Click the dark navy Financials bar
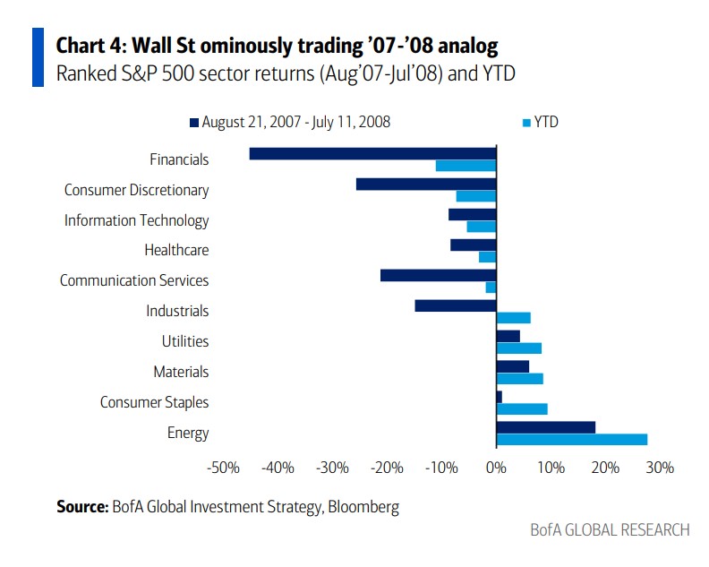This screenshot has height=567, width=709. pyautogui.click(x=372, y=153)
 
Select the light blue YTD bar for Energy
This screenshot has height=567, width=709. pyautogui.click(x=571, y=439)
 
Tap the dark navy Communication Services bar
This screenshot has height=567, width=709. pyautogui.click(x=438, y=275)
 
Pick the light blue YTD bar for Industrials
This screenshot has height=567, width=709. pyautogui.click(x=514, y=317)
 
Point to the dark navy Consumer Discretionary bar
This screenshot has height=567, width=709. pyautogui.click(x=425, y=184)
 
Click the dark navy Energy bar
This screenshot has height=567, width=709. pyautogui.click(x=545, y=427)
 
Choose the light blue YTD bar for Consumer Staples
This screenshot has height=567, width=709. pyautogui.click(x=522, y=408)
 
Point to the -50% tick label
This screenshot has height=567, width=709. pyautogui.click(x=221, y=468)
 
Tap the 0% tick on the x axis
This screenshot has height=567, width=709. pyautogui.click(x=496, y=468)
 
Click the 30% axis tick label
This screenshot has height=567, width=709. pyautogui.click(x=660, y=468)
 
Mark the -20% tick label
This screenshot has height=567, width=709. pyautogui.click(x=386, y=468)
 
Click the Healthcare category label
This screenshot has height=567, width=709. pyautogui.click(x=176, y=251)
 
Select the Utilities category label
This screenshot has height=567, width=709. pyautogui.click(x=185, y=341)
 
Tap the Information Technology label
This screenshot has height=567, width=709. pyautogui.click(x=136, y=220)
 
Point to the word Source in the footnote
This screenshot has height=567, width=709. pyautogui.click(x=82, y=507)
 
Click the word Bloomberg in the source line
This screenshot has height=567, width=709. pyautogui.click(x=363, y=507)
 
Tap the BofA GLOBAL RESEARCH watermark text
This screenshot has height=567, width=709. pyautogui.click(x=610, y=530)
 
